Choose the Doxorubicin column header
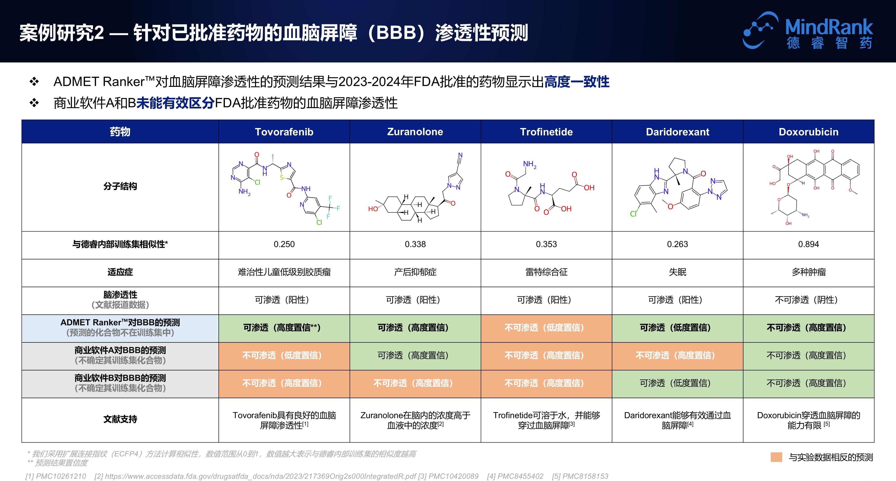click(x=808, y=132)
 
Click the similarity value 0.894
click(x=808, y=244)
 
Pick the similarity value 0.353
click(x=546, y=244)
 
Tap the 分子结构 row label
click(x=120, y=186)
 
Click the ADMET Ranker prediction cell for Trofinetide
click(x=546, y=328)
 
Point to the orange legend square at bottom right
click(x=776, y=457)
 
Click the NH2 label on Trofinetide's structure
click(x=529, y=164)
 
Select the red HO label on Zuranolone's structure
click(x=373, y=209)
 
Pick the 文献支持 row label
click(x=120, y=419)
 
